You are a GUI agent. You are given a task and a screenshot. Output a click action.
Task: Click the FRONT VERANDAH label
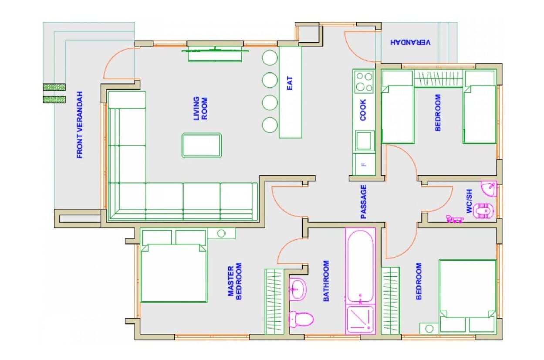coord(80,125)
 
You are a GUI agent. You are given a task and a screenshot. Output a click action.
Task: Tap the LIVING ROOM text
coord(200,109)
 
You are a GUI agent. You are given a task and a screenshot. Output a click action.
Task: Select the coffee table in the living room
coord(202,145)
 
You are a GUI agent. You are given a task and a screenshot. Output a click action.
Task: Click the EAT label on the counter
coord(290,83)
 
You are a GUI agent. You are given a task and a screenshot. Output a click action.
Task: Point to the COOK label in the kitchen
coord(363,110)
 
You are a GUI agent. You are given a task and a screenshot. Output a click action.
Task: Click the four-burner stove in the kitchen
coord(364,82)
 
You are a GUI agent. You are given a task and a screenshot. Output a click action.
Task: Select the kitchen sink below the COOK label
coord(364,140)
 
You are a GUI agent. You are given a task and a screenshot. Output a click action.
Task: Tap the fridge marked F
coord(364,164)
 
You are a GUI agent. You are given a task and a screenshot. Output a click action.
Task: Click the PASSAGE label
coord(364,202)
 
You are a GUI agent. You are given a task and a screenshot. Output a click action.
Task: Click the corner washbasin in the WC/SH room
coord(489,188)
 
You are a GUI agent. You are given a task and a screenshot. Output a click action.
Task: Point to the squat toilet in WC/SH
coord(484,211)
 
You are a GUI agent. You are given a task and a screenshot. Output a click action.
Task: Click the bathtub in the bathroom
coord(360,265)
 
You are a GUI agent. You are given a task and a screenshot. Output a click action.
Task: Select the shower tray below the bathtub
coord(360,319)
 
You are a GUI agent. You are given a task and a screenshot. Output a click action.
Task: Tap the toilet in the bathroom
coord(301,319)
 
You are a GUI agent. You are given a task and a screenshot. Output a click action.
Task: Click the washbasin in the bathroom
coord(298,289)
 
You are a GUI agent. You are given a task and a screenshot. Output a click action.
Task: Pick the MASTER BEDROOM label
coord(234,281)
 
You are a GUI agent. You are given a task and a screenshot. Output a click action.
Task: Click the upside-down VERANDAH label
coord(410,42)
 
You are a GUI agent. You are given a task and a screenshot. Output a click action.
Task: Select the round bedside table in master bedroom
coord(221,233)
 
